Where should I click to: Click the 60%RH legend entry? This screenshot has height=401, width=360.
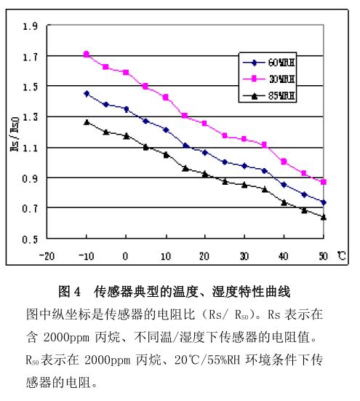(269, 63)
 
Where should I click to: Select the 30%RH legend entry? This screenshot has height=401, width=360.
(269, 79)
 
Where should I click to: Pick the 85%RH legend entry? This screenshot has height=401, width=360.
(269, 96)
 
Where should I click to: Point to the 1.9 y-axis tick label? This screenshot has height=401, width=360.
(30, 26)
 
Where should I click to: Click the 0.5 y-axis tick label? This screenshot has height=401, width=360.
(30, 239)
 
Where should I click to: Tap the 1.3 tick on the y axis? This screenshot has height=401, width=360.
(30, 117)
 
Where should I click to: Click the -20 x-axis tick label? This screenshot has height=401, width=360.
(47, 255)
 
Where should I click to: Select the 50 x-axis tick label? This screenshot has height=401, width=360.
(324, 255)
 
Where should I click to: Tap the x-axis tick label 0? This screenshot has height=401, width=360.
(125, 255)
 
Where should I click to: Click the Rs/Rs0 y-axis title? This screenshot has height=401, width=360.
(15, 134)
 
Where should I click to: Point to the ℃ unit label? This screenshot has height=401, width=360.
(341, 255)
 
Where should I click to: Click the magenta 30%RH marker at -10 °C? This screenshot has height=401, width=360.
(87, 54)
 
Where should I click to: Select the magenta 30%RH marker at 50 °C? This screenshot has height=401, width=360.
(324, 182)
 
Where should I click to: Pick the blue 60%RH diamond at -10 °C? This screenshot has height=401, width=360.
(87, 94)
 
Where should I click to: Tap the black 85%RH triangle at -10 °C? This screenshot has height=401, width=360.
(87, 122)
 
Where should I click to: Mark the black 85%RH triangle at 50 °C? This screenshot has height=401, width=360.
(324, 217)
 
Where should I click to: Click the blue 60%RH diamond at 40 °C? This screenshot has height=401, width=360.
(284, 185)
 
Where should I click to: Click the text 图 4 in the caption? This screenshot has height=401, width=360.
(70, 292)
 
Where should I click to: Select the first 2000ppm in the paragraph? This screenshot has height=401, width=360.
(66, 337)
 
